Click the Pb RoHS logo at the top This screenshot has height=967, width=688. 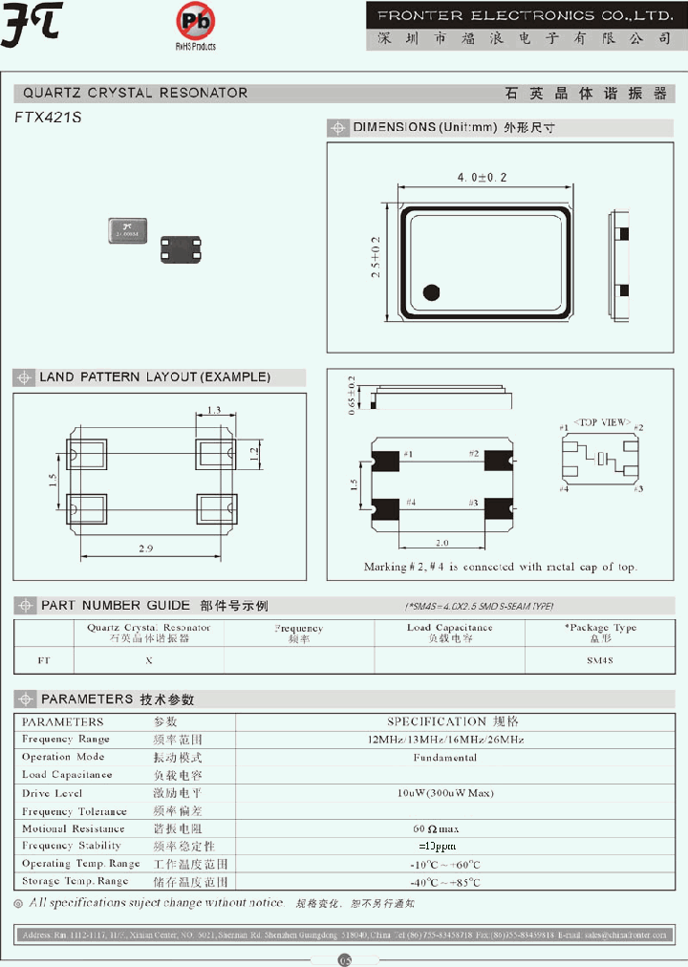(x=196, y=23)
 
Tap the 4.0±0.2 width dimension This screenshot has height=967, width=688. (x=482, y=178)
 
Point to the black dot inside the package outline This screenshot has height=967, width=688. (x=431, y=292)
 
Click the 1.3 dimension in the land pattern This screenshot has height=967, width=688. (x=214, y=410)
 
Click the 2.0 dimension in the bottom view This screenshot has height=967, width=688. (x=439, y=542)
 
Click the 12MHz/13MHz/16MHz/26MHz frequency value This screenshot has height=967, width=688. (x=445, y=740)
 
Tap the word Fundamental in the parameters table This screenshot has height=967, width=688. (x=445, y=758)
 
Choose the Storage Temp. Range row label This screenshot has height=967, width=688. (x=75, y=881)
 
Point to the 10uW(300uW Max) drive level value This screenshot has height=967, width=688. (x=445, y=793)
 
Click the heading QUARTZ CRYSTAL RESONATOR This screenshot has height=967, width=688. (x=136, y=94)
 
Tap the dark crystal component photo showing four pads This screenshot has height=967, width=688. (x=179, y=249)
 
